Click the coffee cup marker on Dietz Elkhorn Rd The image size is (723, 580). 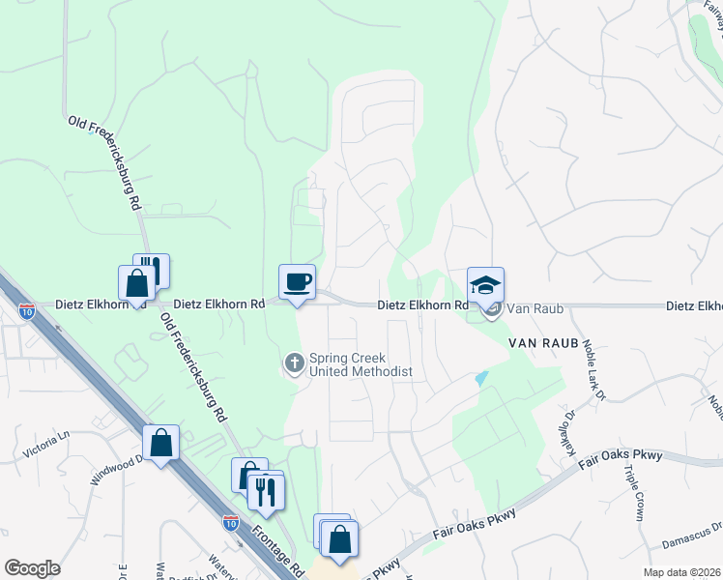point(297,282)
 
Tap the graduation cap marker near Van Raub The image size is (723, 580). point(485,285)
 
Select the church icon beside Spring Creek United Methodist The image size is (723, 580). point(294,364)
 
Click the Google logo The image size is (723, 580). point(32,568)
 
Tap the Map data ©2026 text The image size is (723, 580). point(681,572)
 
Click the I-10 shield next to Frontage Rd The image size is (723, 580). point(230,523)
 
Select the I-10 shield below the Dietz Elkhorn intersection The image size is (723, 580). point(27,311)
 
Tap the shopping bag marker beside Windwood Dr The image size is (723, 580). point(160,444)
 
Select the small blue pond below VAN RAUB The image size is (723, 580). point(481,379)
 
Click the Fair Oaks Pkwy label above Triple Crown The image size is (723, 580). point(624,457)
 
